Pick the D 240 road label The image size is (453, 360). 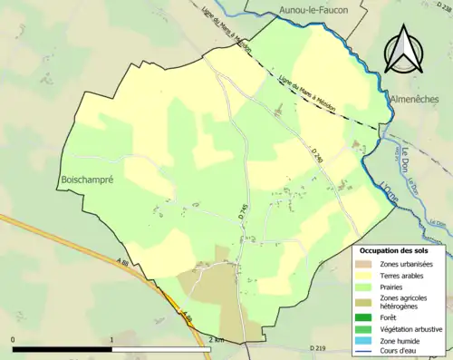[315, 156]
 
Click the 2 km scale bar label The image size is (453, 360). [216, 339]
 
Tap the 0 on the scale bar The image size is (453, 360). [14, 339]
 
